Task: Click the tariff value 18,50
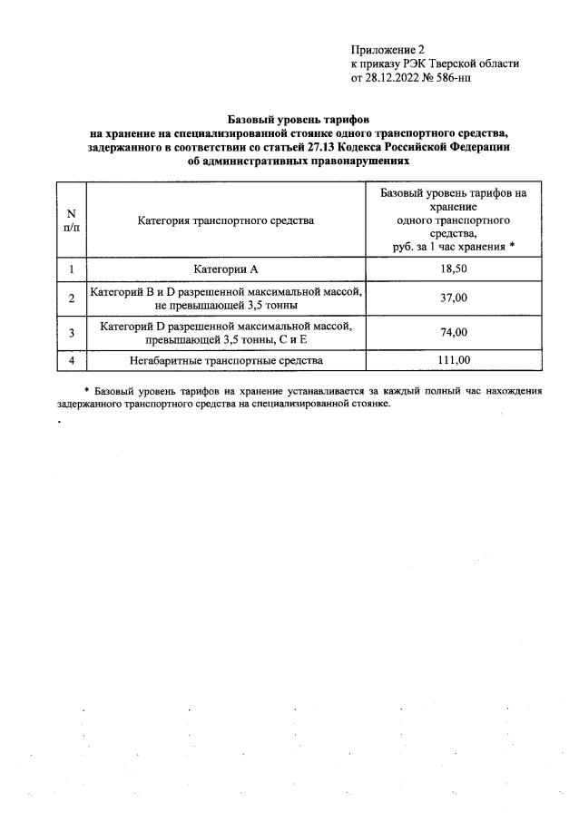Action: coord(454,269)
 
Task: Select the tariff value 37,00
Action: coord(454,298)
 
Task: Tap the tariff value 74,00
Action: coord(454,332)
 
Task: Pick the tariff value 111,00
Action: coord(454,360)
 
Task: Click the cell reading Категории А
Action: coord(226,269)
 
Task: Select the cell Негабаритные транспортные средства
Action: coord(226,360)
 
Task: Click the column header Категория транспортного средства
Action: coord(226,220)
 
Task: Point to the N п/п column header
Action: coord(71,220)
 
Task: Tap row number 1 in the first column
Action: coord(71,269)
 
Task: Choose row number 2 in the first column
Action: coord(71,298)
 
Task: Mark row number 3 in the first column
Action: coord(71,333)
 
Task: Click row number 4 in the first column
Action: coord(71,360)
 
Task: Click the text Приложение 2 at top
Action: coord(387,50)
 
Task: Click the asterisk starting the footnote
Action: coord(86,391)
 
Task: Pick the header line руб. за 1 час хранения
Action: coord(448,246)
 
